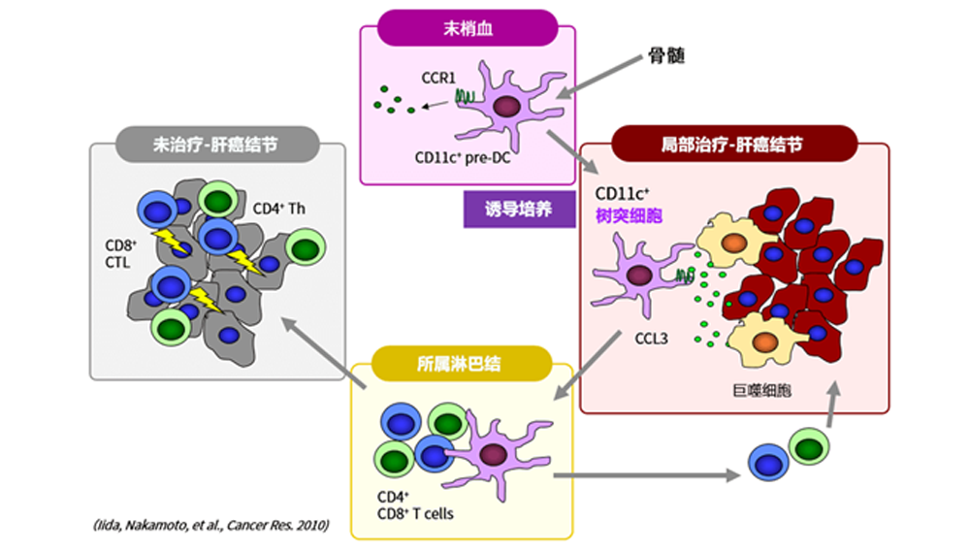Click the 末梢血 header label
click(x=468, y=27)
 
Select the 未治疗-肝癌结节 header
click(x=216, y=145)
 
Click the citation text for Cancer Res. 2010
click(x=210, y=526)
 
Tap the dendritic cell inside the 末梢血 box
click(x=504, y=107)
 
